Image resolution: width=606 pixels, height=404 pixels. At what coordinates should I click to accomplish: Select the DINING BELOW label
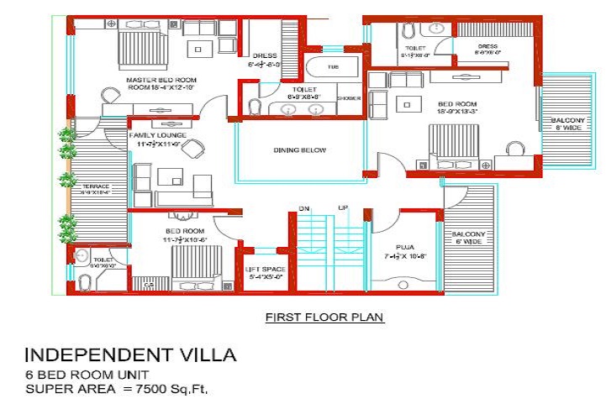pyautogui.click(x=299, y=151)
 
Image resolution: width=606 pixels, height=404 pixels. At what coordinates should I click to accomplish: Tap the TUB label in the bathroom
pyautogui.click(x=334, y=66)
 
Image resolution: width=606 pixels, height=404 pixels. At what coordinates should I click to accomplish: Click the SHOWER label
pyautogui.click(x=349, y=98)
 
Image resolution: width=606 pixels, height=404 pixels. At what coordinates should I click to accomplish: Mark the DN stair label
pyautogui.click(x=304, y=207)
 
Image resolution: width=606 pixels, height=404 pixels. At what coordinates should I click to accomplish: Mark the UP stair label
pyautogui.click(x=343, y=207)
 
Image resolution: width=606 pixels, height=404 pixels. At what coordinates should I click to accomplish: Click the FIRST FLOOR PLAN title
pyautogui.click(x=324, y=317)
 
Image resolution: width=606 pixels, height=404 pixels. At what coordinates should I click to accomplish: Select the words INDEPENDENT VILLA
pyautogui.click(x=130, y=354)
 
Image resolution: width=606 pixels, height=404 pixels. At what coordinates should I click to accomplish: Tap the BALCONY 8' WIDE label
pyautogui.click(x=567, y=125)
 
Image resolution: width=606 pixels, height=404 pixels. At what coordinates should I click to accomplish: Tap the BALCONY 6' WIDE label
pyautogui.click(x=468, y=238)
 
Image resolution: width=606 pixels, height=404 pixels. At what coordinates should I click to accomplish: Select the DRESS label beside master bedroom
pyautogui.click(x=260, y=59)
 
